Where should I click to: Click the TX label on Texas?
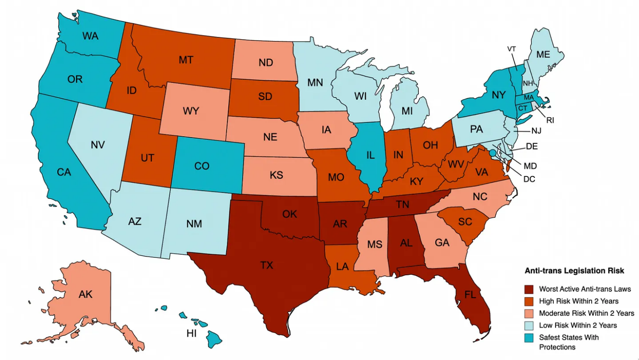click(267, 265)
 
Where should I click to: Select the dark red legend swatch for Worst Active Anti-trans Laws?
click(529, 289)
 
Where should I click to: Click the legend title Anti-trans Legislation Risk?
click(574, 271)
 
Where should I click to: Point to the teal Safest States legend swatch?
click(529, 338)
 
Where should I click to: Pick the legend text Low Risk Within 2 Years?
click(578, 325)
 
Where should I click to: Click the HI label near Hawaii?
click(191, 334)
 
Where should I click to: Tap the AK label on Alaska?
click(85, 294)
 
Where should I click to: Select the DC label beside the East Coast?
click(529, 179)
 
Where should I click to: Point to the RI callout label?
click(550, 120)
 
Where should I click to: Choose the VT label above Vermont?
click(511, 49)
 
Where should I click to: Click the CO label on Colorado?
click(201, 166)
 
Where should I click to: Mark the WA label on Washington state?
click(90, 36)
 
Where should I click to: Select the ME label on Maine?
click(543, 54)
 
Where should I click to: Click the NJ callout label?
click(536, 131)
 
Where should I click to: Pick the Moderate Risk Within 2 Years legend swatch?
click(529, 313)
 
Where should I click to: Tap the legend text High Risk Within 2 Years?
click(579, 301)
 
